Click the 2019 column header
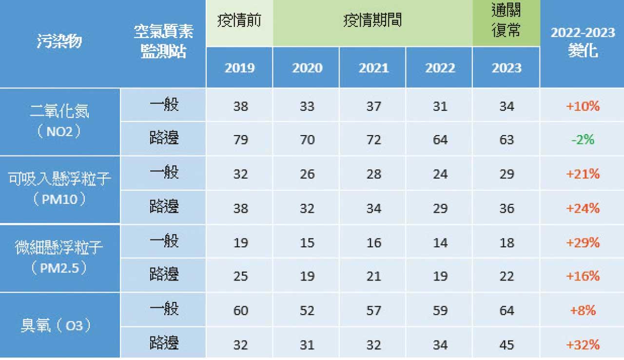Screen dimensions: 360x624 tap(239, 68)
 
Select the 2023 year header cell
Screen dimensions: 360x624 tap(507, 68)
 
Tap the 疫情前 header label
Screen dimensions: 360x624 tap(239, 21)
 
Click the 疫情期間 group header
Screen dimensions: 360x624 tap(372, 21)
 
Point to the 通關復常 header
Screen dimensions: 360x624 tap(507, 22)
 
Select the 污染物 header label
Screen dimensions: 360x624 tap(59, 42)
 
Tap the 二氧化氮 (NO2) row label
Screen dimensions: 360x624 tap(59, 121)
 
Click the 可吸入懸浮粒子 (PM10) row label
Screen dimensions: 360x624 tap(59, 189)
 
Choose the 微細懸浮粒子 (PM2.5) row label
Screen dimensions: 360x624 tap(59, 258)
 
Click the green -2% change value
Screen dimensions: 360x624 tap(583, 140)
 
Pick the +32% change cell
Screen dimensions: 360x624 tap(583, 345)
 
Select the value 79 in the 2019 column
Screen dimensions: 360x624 tap(240, 140)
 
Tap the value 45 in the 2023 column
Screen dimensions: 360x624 tap(507, 345)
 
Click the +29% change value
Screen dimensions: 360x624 tap(583, 242)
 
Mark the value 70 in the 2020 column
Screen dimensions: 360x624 tap(307, 140)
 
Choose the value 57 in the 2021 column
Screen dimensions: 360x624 tap(373, 311)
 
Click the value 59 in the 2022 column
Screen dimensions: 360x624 tap(440, 311)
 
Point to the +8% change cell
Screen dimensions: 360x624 tap(583, 311)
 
